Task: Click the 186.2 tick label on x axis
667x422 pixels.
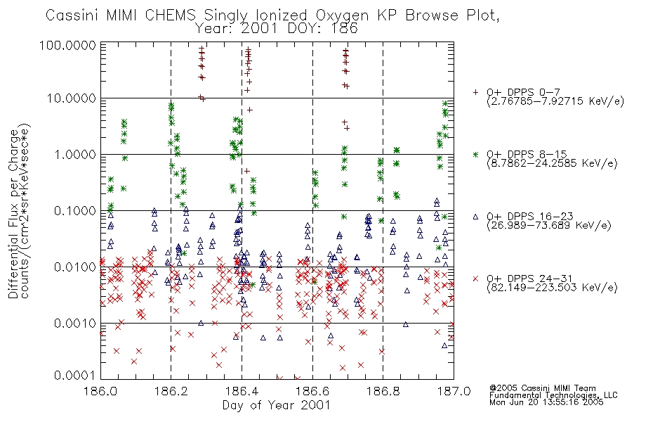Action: click(171, 391)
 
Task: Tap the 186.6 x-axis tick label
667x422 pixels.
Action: click(312, 391)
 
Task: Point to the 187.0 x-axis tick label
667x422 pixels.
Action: click(454, 391)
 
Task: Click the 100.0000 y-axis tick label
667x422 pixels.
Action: click(68, 45)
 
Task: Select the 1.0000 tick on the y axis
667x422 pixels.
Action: click(75, 154)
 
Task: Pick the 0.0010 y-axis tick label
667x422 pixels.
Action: click(75, 323)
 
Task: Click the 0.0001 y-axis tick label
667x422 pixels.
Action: click(75, 375)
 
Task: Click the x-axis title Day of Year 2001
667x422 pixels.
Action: click(276, 405)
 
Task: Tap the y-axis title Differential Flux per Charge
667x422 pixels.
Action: click(13, 214)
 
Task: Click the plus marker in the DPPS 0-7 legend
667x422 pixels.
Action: click(475, 92)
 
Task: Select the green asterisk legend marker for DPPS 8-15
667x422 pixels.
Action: click(475, 154)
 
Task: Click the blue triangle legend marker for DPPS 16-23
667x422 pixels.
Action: click(475, 217)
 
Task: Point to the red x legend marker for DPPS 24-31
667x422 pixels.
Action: click(475, 279)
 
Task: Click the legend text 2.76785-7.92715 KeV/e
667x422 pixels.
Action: click(555, 101)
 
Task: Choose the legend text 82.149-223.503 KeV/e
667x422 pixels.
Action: click(552, 288)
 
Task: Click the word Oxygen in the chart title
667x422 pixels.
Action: click(342, 15)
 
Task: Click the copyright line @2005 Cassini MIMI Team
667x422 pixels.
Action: click(542, 388)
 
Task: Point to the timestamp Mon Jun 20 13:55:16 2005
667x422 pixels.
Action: click(546, 402)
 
